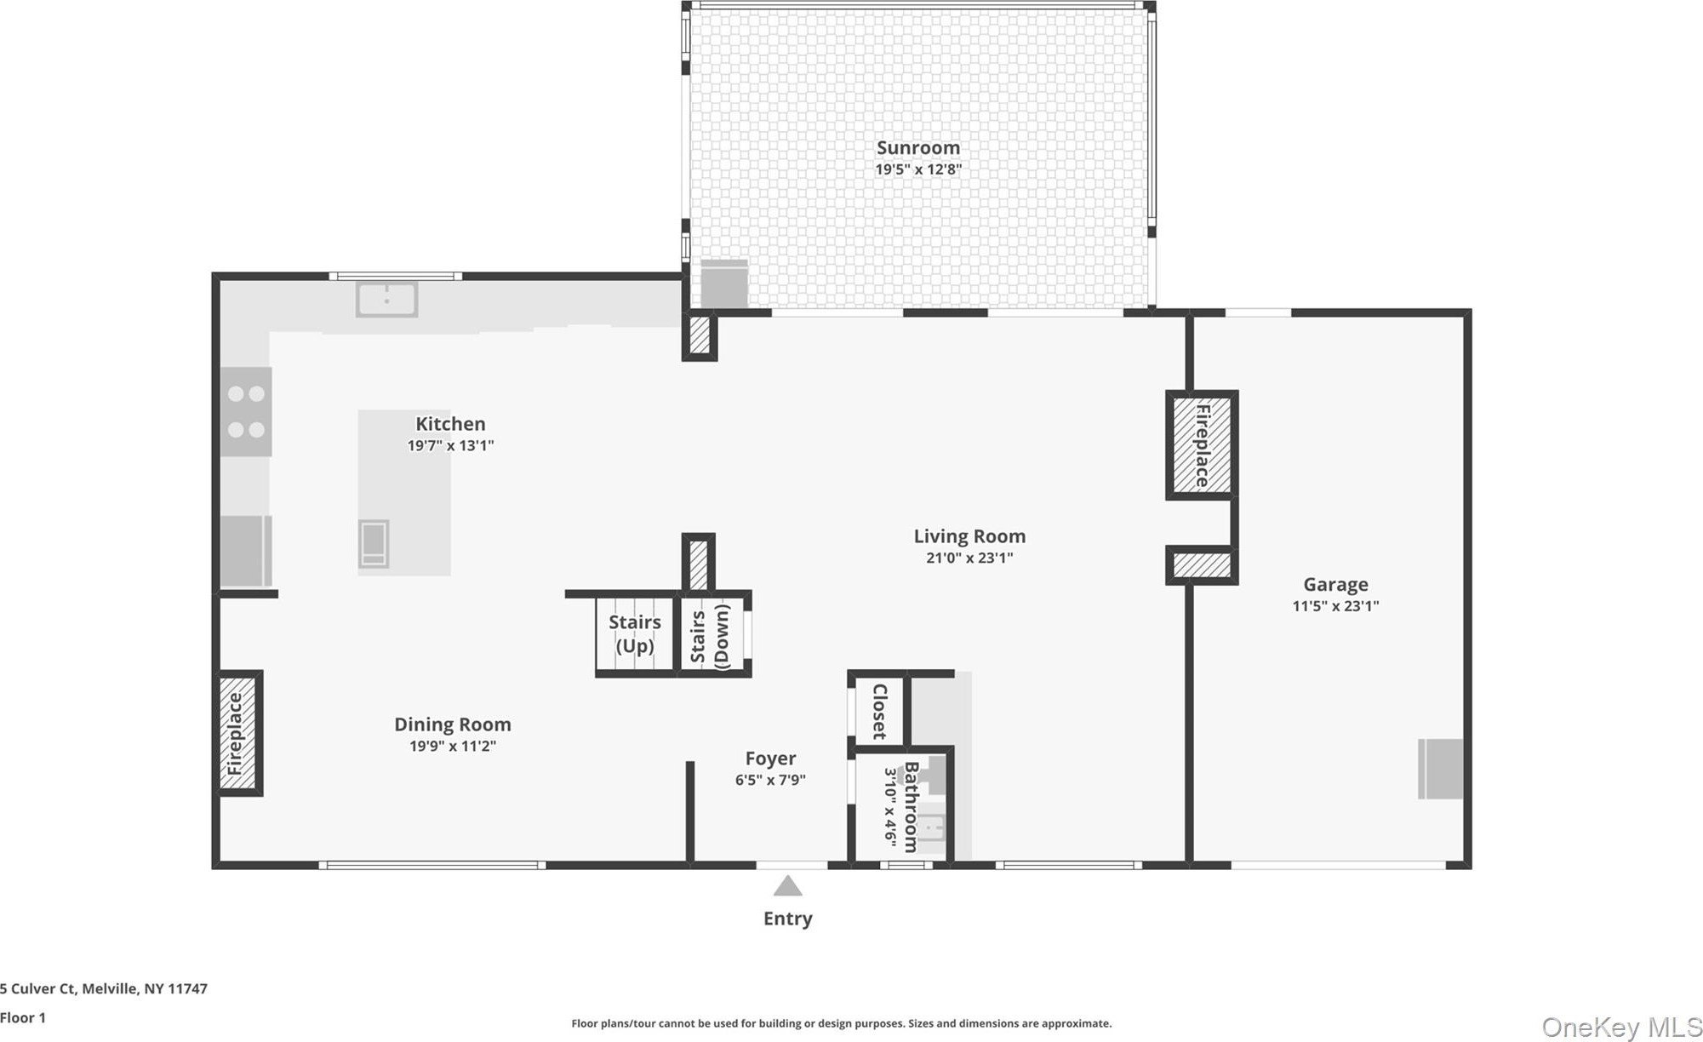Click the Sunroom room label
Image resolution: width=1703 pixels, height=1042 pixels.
coord(918,148)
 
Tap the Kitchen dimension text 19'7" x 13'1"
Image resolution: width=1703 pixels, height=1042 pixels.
coord(450,445)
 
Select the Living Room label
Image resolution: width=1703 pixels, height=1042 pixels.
coord(969,536)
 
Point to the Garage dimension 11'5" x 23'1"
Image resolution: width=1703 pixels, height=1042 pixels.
coord(1335,606)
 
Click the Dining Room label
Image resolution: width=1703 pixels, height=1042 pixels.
coord(453,724)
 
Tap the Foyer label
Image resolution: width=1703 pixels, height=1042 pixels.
coord(771,759)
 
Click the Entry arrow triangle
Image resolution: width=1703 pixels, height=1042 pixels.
coord(788,886)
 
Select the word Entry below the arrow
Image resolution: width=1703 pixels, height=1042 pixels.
coord(788,919)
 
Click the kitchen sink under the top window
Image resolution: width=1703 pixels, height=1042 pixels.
coord(386,300)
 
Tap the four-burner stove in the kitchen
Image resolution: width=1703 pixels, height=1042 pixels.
coord(246,411)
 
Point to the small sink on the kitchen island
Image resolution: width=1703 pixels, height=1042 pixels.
coord(374,543)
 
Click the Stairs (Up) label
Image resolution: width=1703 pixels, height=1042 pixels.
coord(635,634)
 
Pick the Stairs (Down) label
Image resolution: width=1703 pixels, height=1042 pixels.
coord(710,636)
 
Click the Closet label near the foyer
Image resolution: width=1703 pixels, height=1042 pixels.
coord(880,712)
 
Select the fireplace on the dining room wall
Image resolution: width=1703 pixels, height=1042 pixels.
coord(237,733)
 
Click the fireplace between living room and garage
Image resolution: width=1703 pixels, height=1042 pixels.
coord(1202,445)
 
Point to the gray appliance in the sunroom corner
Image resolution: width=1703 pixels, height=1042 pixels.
coord(723,283)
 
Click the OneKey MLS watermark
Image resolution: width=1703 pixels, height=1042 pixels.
coord(1622,1028)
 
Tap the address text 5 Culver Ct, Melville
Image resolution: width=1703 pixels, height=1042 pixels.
coord(104,989)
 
